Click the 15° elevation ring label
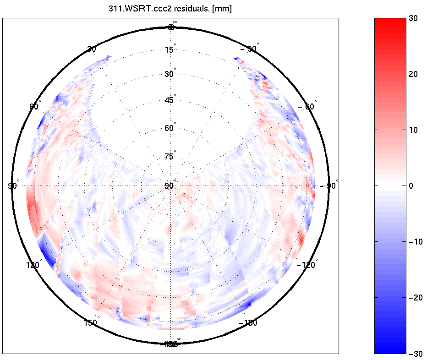tap(170, 50)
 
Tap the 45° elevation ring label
tap(170, 100)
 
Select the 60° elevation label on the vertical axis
tap(170, 128)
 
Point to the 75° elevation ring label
tap(170, 157)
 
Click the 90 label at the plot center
tap(169, 186)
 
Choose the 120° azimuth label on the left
tap(33, 265)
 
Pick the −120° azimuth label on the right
tap(307, 265)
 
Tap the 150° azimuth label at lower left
tap(91, 322)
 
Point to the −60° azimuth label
tap(307, 106)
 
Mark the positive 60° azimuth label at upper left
tap(34, 106)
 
